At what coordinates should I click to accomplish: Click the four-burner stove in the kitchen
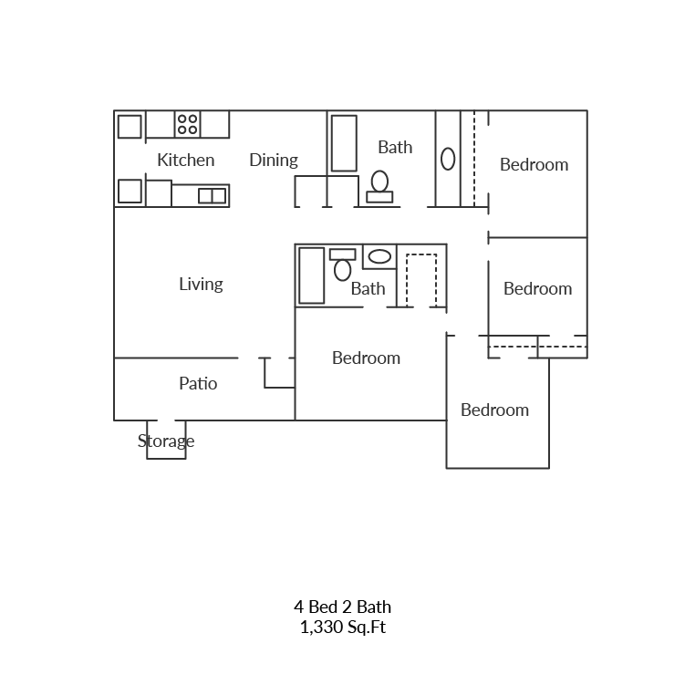point(188,124)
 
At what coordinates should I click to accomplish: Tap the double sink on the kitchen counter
point(212,195)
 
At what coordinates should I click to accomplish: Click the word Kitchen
point(186,161)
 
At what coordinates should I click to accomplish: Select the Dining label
point(274,161)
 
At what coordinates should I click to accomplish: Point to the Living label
point(201,285)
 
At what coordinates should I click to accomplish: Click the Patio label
point(198,384)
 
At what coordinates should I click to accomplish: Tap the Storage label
point(166,442)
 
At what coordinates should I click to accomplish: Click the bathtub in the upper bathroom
point(344,143)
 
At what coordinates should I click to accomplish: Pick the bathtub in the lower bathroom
point(311,275)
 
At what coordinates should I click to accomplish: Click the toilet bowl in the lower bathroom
point(343,268)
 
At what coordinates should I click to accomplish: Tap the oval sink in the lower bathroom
point(379,256)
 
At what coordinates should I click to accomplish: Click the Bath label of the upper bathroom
point(395,147)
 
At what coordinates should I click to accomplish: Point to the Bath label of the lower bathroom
point(368,289)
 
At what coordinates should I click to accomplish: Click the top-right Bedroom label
point(534,165)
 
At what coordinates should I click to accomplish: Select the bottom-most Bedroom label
point(494,410)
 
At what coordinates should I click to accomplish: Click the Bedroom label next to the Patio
point(366,358)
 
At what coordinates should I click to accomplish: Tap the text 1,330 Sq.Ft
point(343,628)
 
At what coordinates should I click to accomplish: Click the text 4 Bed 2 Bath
point(343,607)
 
